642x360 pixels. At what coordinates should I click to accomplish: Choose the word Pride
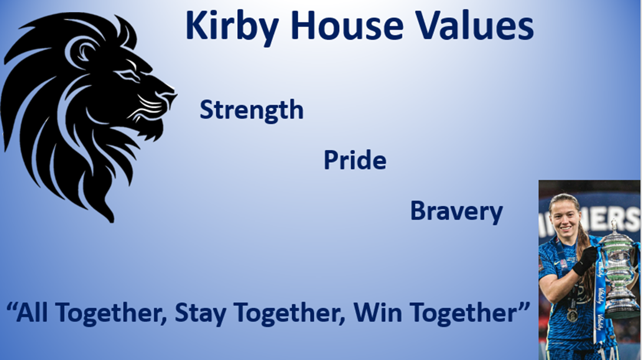(355, 160)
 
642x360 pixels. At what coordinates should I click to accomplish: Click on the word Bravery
(456, 212)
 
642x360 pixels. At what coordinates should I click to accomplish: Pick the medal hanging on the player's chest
(572, 315)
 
